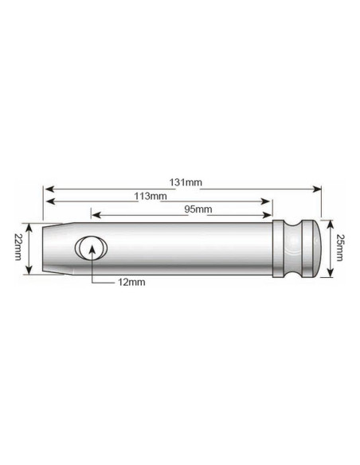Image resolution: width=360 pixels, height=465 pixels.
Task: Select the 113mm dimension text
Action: click(x=151, y=196)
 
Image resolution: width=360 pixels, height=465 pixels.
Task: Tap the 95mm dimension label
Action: click(x=197, y=209)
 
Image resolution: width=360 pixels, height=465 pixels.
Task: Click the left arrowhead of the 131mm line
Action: click(x=47, y=190)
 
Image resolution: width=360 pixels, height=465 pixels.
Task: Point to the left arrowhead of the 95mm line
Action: click(x=95, y=215)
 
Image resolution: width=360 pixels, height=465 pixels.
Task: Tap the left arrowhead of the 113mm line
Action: click(x=47, y=202)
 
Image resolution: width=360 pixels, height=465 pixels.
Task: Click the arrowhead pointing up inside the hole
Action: click(x=92, y=248)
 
